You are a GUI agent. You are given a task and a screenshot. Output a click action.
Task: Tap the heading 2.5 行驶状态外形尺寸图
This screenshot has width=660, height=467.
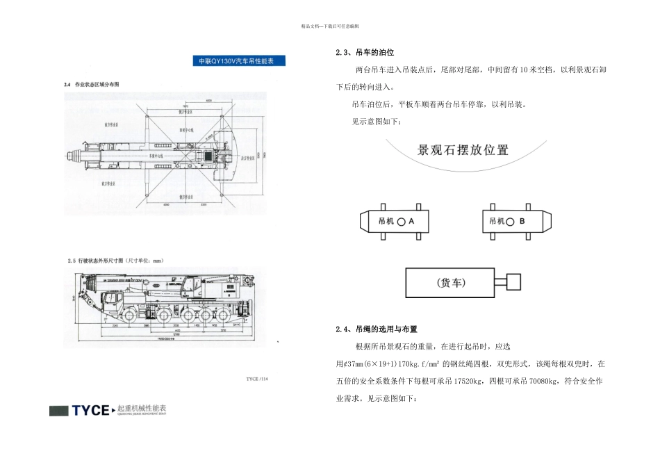pos(114,261)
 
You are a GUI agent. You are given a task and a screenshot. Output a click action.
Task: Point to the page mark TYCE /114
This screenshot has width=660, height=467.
pos(256,379)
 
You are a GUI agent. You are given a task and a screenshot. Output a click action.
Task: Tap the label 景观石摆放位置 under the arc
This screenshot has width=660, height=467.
pos(462,150)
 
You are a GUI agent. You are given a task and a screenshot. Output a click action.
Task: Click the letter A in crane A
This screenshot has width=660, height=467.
pos(411,221)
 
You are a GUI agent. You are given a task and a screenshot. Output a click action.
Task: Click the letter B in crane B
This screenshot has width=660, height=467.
pos(522,221)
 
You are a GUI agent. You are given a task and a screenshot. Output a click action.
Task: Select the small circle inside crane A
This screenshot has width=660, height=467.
pos(401,221)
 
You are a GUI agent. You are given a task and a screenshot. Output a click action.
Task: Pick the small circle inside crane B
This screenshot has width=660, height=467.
pos(511,221)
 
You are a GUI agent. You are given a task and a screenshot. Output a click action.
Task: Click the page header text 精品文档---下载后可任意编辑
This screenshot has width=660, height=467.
pos(330,26)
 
